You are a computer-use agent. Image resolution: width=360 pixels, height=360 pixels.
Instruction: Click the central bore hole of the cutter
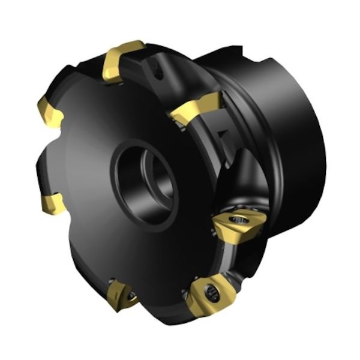pos(144,180)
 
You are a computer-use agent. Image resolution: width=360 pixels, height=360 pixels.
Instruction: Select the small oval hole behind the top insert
pos(158,71)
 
